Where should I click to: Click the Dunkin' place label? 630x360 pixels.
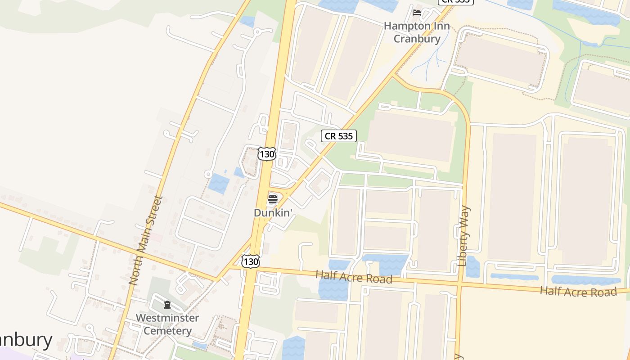click(x=274, y=212)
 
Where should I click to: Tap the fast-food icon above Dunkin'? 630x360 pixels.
click(x=273, y=199)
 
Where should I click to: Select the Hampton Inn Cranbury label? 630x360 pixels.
click(x=417, y=32)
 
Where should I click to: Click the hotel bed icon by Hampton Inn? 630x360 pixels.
click(x=417, y=12)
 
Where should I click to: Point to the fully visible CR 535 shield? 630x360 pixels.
click(x=338, y=135)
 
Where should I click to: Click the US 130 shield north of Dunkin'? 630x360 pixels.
click(x=266, y=154)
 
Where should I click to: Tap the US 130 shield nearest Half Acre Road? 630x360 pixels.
click(x=250, y=261)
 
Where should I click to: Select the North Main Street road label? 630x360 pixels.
click(x=145, y=240)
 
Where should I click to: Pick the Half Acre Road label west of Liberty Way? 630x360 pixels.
click(x=354, y=277)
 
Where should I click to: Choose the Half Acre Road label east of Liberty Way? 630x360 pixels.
click(x=578, y=291)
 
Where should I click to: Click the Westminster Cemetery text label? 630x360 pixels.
click(x=167, y=324)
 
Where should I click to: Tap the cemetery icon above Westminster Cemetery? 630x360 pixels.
click(x=167, y=305)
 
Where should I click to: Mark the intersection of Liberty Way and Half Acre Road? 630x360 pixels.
click(x=460, y=284)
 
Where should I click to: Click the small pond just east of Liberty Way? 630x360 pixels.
click(x=472, y=266)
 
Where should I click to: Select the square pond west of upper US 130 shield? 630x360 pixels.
click(x=219, y=183)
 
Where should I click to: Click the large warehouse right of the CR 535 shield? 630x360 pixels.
click(x=409, y=135)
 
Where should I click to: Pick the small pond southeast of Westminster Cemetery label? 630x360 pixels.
click(x=200, y=345)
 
